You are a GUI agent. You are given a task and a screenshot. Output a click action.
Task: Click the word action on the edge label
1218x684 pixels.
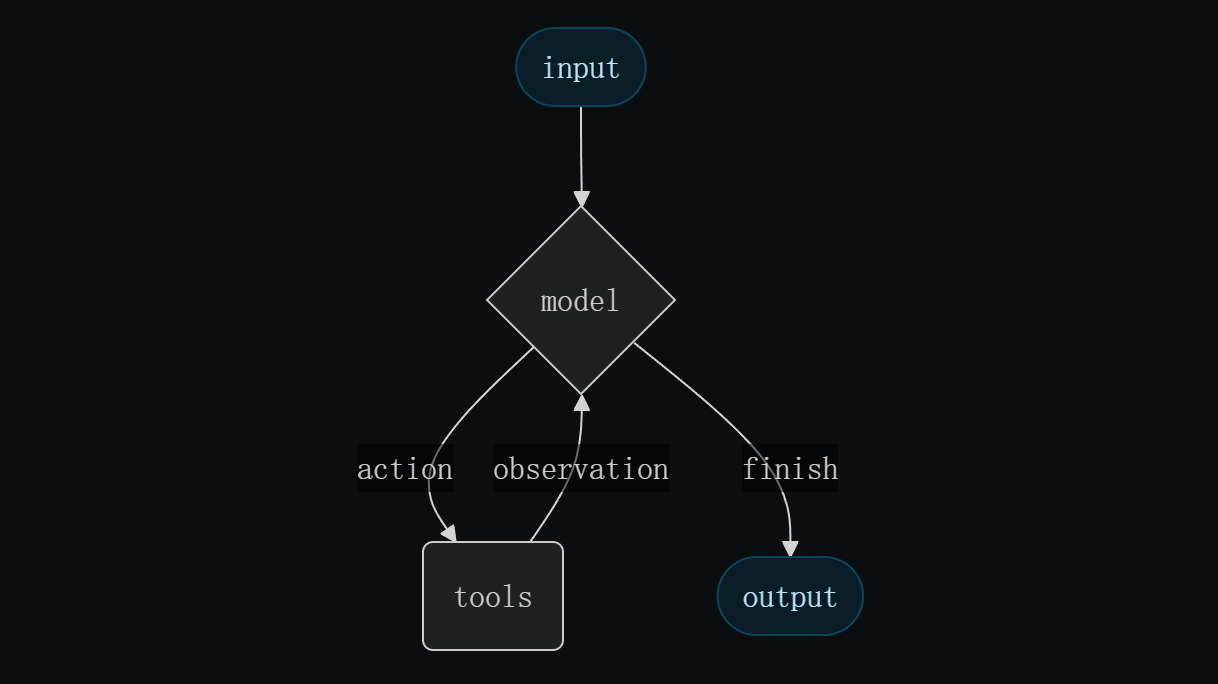404,469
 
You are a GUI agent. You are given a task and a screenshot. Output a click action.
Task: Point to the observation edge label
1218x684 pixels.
580,469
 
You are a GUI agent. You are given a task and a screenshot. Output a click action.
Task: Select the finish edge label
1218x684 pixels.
789,469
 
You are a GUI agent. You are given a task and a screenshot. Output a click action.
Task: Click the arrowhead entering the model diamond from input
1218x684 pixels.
581,199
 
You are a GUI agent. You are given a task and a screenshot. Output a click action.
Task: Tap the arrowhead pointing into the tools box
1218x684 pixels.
448,533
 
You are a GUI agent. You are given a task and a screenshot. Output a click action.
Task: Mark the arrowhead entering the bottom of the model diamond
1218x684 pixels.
581,402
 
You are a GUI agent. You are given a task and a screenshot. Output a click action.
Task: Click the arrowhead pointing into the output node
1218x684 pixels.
790,549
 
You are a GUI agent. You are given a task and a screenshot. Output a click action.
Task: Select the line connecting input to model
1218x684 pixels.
581,150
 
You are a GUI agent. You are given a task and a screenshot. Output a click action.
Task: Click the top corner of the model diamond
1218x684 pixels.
581,208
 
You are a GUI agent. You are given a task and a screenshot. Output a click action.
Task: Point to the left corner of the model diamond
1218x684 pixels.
489,300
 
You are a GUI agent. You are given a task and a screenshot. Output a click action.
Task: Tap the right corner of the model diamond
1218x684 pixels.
673,300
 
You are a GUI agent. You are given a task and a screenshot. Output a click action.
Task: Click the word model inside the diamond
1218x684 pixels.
580,301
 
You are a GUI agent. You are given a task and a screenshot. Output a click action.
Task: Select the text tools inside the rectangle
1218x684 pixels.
493,598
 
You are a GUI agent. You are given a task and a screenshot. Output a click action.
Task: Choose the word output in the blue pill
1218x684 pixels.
790,598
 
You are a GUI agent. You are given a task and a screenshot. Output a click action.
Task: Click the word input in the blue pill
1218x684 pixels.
581,69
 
